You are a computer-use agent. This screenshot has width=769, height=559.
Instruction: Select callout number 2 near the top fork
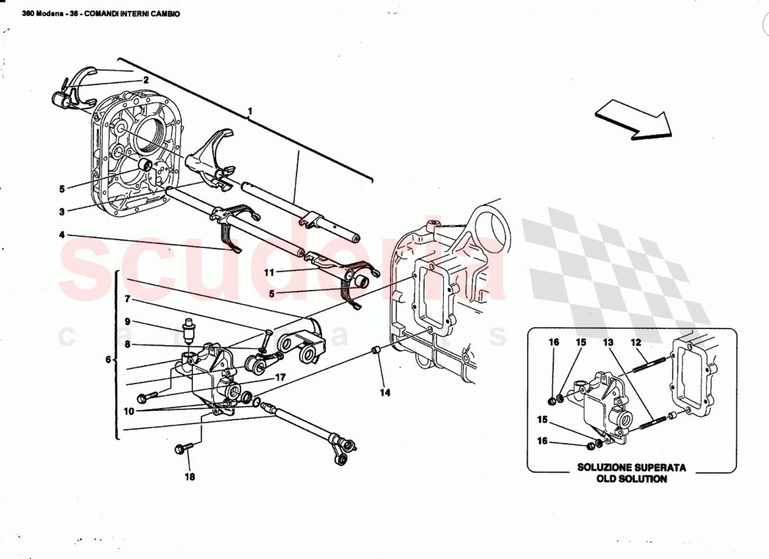145,80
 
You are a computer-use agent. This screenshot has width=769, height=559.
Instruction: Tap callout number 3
62,211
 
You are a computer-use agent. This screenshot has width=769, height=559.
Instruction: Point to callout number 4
62,235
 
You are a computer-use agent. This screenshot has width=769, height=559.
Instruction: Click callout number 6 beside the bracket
108,360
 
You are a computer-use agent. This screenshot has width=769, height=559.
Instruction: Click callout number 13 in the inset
608,342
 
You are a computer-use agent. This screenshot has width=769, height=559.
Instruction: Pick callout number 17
280,377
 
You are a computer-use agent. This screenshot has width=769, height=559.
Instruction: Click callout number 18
190,478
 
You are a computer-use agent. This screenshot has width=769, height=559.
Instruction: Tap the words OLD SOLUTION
631,479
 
